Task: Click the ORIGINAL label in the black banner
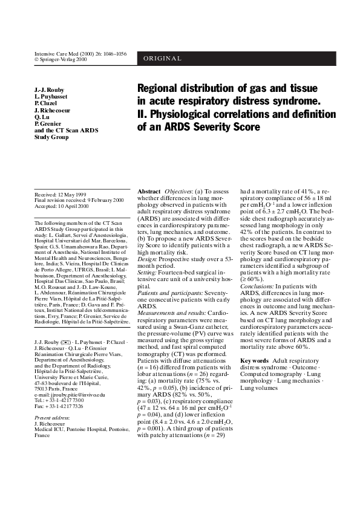[163, 58]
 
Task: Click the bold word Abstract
[149, 191]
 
